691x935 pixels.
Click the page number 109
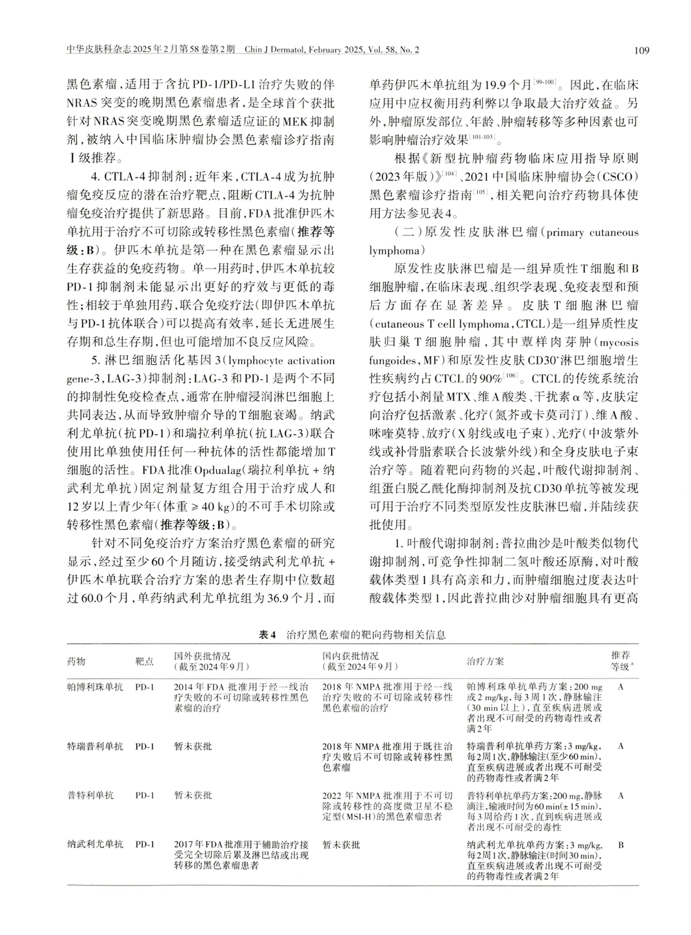click(641, 50)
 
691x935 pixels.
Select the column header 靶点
click(145, 661)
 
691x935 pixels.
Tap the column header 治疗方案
click(485, 661)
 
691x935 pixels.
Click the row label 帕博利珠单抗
click(95, 687)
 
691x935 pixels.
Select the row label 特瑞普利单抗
click(95, 746)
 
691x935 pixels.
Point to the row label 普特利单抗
click(90, 796)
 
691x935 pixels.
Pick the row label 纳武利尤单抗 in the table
click(95, 845)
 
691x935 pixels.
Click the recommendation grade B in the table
click(621, 845)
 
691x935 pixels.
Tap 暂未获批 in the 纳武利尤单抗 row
click(341, 845)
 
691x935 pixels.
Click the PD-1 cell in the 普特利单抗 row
click(145, 796)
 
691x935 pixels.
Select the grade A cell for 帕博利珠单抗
click(621, 687)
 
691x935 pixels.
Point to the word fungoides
click(392, 361)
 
